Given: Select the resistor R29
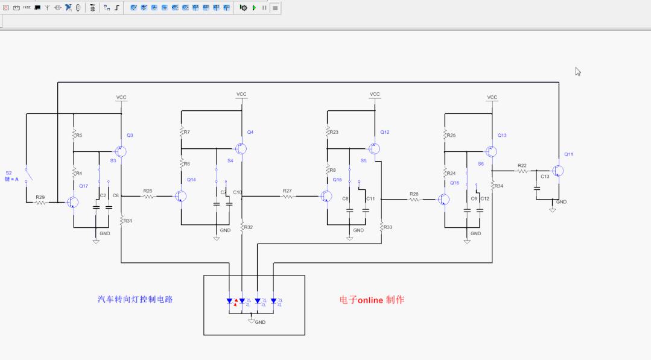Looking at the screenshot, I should coord(40,203).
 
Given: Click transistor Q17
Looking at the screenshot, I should coord(72,203).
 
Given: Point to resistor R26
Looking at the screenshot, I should coord(148,196).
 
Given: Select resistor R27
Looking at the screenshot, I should coord(288,196).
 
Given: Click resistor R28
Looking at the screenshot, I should coord(414,199).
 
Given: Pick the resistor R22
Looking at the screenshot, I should coord(522,171).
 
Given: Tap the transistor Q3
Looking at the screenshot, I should coord(121,151).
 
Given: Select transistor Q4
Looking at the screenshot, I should coord(241,148).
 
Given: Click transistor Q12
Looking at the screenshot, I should coord(374,148).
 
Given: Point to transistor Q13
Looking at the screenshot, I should coord(492,151).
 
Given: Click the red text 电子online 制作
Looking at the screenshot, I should coord(372,300).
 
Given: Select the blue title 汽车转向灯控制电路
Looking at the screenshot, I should coord(135,299).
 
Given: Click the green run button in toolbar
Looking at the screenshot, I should coord(254,8).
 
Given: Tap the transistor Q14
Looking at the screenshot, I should coord(180,196).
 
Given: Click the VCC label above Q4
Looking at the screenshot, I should coord(241,94).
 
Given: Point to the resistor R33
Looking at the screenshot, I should coord(382,227).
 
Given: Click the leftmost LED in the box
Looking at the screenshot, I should coord(230,301).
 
